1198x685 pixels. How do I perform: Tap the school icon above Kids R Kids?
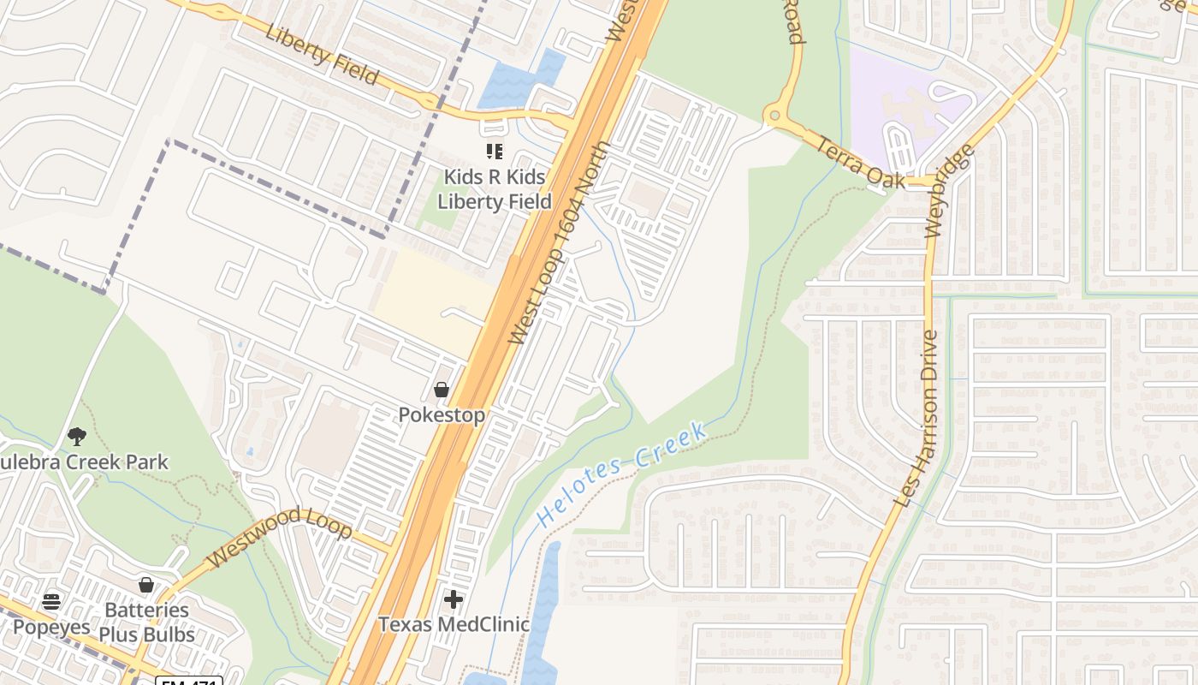pyautogui.click(x=494, y=152)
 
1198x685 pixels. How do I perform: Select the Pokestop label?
pyautogui.click(x=442, y=415)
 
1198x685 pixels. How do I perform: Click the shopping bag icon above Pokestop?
pyautogui.click(x=442, y=390)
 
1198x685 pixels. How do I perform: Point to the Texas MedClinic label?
pyautogui.click(x=454, y=624)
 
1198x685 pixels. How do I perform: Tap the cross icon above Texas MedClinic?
pyautogui.click(x=454, y=599)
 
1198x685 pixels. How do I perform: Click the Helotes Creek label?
pyautogui.click(x=621, y=474)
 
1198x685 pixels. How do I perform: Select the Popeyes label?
pyautogui.click(x=51, y=626)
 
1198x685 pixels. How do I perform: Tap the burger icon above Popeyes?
pyautogui.click(x=51, y=601)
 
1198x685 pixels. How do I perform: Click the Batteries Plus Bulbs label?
pyautogui.click(x=146, y=622)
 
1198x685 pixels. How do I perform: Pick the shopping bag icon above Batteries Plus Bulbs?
pyautogui.click(x=146, y=586)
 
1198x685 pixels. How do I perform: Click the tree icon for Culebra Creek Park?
pyautogui.click(x=77, y=437)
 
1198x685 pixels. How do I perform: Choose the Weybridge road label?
pyautogui.click(x=950, y=191)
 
